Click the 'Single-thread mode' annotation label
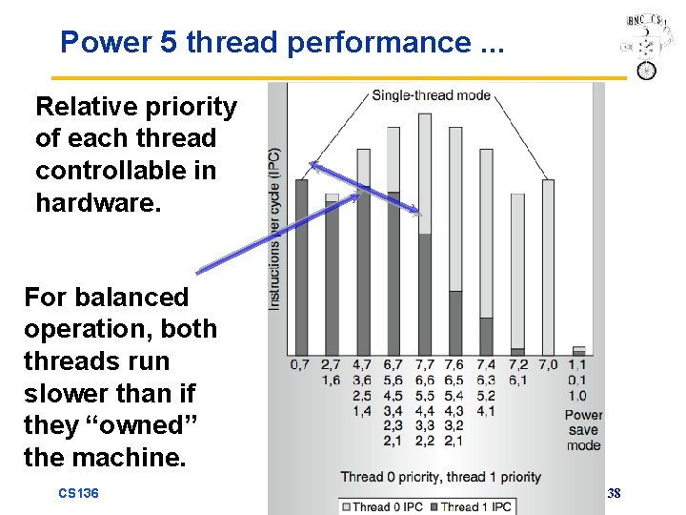431,94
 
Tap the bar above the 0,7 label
301,267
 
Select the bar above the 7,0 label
548,267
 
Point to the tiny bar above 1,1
578,350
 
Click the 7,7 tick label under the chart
425,363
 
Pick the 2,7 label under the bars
332,363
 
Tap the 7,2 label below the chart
517,363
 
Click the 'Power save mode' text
582,429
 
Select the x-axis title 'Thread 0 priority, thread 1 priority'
440,476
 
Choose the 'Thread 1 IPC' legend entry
473,506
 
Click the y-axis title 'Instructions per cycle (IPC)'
275,229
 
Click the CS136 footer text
79,493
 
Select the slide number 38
614,493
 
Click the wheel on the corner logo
648,71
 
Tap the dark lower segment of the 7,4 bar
486,336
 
